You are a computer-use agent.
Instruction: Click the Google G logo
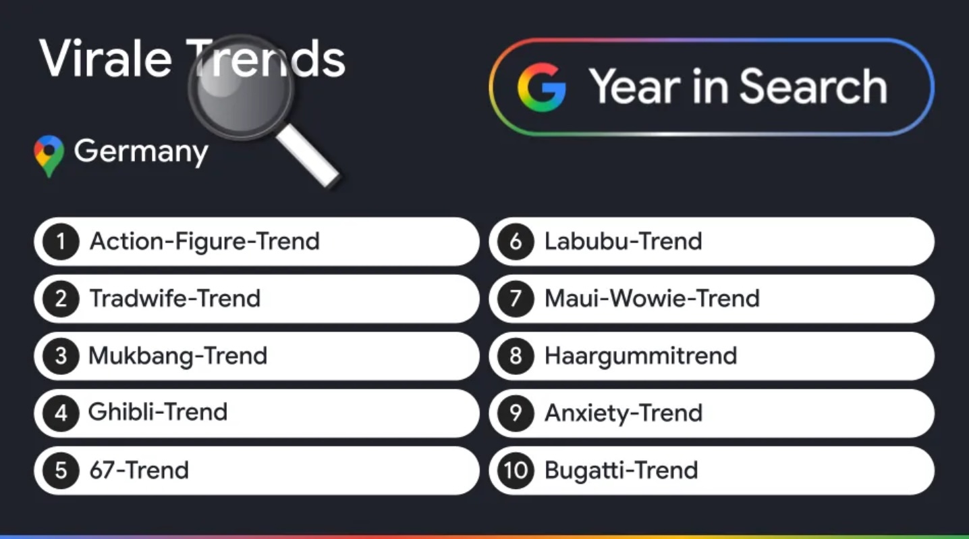pos(542,87)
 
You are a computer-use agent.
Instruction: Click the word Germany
pos(141,151)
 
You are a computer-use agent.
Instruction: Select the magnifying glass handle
pos(308,157)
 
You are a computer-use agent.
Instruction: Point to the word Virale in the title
pos(105,59)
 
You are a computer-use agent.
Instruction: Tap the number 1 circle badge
pos(61,242)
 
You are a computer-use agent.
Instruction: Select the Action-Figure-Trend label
pos(204,242)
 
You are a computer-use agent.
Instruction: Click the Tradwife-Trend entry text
pos(175,299)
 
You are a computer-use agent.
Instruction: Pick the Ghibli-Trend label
pos(158,412)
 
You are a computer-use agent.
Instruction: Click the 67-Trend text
pos(139,470)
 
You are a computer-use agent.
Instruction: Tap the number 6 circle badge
pos(516,242)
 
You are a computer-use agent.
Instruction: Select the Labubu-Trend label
pos(623,242)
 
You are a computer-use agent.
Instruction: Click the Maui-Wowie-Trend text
pos(652,299)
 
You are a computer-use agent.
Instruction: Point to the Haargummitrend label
pos(640,357)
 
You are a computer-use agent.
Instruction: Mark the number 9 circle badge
pos(516,413)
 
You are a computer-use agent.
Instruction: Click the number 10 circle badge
pos(516,471)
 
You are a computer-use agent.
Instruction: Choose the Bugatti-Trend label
pos(621,471)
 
